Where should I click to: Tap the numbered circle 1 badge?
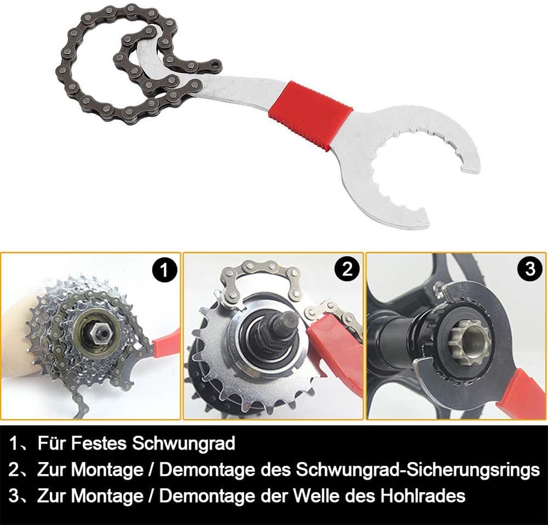tap(165, 270)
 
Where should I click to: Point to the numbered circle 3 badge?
tap(530, 269)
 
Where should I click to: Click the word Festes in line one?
tap(99, 443)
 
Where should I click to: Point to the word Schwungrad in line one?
tap(184, 443)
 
